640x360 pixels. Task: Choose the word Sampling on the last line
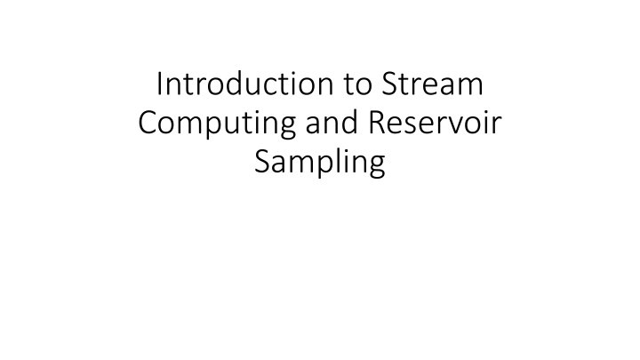point(320,165)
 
